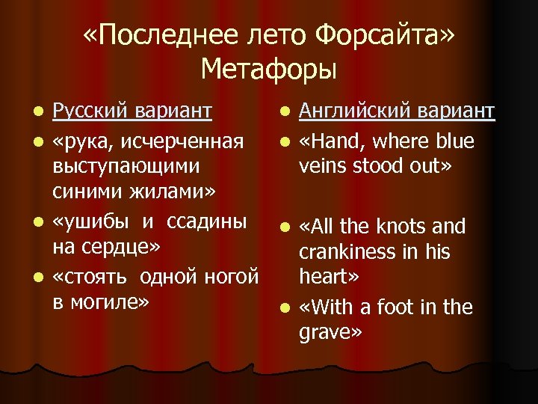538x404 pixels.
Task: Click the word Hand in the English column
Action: [339, 141]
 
